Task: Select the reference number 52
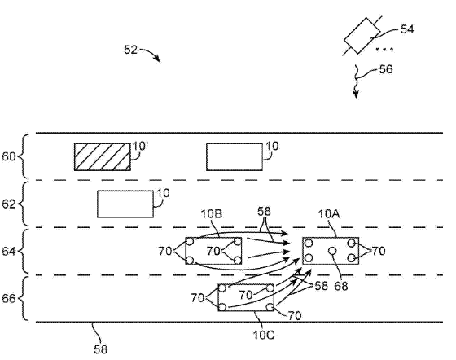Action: point(130,50)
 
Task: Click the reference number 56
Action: point(386,69)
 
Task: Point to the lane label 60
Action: point(8,156)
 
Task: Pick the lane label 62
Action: point(8,204)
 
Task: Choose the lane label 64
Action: point(8,251)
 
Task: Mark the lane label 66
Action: point(8,299)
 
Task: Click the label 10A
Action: point(329,214)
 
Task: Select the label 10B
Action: point(212,214)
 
